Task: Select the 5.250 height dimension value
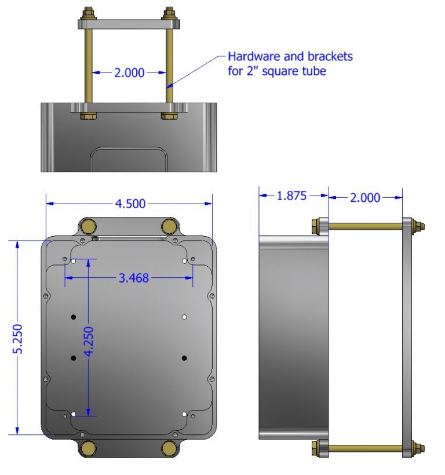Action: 19,338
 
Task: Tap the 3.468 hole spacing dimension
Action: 134,278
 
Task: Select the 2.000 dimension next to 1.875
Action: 365,197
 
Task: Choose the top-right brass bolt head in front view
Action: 169,226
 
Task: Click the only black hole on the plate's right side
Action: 184,358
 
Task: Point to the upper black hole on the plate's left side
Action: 74,317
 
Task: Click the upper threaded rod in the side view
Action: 365,226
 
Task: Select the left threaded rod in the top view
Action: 88,70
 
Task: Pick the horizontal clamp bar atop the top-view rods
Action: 129,24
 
